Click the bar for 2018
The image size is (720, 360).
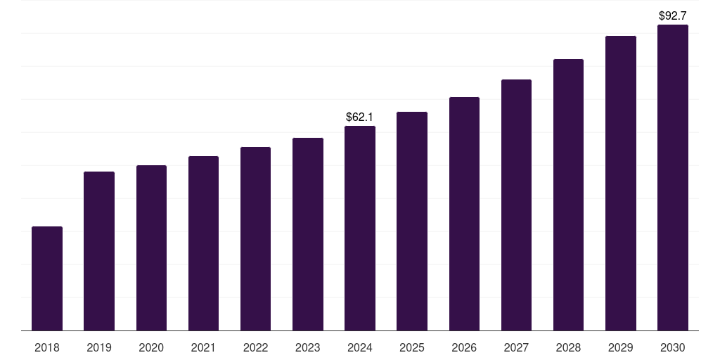tap(47, 278)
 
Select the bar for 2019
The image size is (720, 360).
tap(99, 251)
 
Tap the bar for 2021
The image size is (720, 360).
tap(203, 243)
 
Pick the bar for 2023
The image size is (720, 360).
tap(308, 234)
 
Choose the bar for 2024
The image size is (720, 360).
tap(360, 229)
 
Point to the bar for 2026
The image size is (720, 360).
tap(464, 214)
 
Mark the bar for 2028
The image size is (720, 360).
tap(568, 195)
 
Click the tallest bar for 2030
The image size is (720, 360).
tap(673, 178)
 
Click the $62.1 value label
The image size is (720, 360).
tap(360, 117)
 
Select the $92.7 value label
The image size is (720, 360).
tap(673, 15)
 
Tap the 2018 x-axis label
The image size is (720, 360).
tap(47, 347)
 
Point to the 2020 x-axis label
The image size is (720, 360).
tap(151, 347)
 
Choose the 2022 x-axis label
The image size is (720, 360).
tap(255, 347)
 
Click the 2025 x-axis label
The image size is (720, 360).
tap(412, 347)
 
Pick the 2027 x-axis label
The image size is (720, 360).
tap(516, 347)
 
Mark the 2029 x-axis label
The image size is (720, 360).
tap(621, 347)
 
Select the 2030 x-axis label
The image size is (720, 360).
tap(673, 347)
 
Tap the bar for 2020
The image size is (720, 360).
tap(151, 248)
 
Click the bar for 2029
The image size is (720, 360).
tap(621, 184)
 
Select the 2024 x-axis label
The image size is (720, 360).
tap(360, 347)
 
